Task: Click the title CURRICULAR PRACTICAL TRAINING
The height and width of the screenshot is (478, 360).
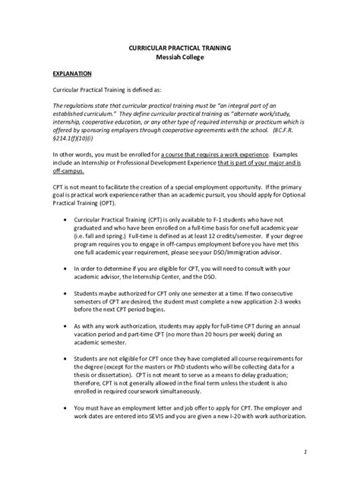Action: tap(180, 48)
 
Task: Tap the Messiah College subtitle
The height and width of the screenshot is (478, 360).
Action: tap(180, 58)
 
